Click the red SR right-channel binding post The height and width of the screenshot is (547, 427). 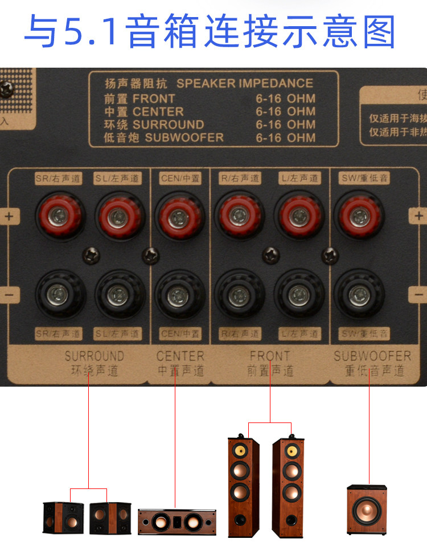point(59,215)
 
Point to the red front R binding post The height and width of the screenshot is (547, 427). point(240,215)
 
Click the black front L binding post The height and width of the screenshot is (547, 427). point(299,295)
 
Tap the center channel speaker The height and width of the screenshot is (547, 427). point(177,521)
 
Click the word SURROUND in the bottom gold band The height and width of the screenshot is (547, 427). point(94,357)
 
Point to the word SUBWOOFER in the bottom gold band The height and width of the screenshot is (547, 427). point(372,357)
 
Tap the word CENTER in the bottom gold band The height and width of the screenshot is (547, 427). point(180,357)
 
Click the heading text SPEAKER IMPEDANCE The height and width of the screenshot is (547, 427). point(244,84)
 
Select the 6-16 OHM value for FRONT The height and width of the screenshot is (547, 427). point(285,98)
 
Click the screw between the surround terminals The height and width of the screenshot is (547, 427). point(89,254)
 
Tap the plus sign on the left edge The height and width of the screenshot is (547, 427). point(10,216)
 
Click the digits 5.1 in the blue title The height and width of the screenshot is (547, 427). point(92,31)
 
